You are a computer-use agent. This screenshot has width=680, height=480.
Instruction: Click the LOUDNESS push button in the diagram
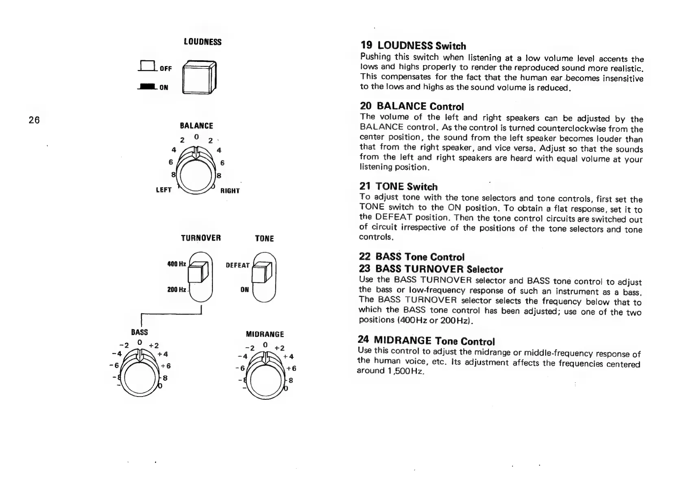(x=198, y=77)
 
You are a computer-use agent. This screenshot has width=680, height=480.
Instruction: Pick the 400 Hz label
(x=177, y=264)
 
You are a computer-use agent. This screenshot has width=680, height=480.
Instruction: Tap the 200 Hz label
(x=177, y=290)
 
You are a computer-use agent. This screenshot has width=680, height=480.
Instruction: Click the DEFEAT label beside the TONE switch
(x=238, y=265)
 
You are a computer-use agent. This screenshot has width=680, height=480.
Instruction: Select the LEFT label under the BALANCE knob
(x=163, y=190)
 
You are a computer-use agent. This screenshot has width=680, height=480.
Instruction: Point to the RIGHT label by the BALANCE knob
(x=230, y=191)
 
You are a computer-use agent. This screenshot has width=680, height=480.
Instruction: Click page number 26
(x=34, y=120)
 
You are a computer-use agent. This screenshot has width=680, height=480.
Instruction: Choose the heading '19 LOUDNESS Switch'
(x=413, y=46)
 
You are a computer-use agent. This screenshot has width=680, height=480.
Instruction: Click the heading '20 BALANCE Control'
(x=412, y=106)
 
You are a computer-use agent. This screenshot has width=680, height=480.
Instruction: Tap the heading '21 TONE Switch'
(x=399, y=187)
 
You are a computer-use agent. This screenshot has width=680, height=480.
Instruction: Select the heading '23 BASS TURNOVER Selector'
(x=431, y=269)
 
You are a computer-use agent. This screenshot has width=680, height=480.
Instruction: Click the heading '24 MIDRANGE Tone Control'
(x=426, y=340)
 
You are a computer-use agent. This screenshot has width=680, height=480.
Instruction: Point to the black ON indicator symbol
(x=147, y=86)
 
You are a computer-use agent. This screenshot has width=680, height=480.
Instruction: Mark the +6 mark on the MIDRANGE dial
(x=291, y=369)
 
